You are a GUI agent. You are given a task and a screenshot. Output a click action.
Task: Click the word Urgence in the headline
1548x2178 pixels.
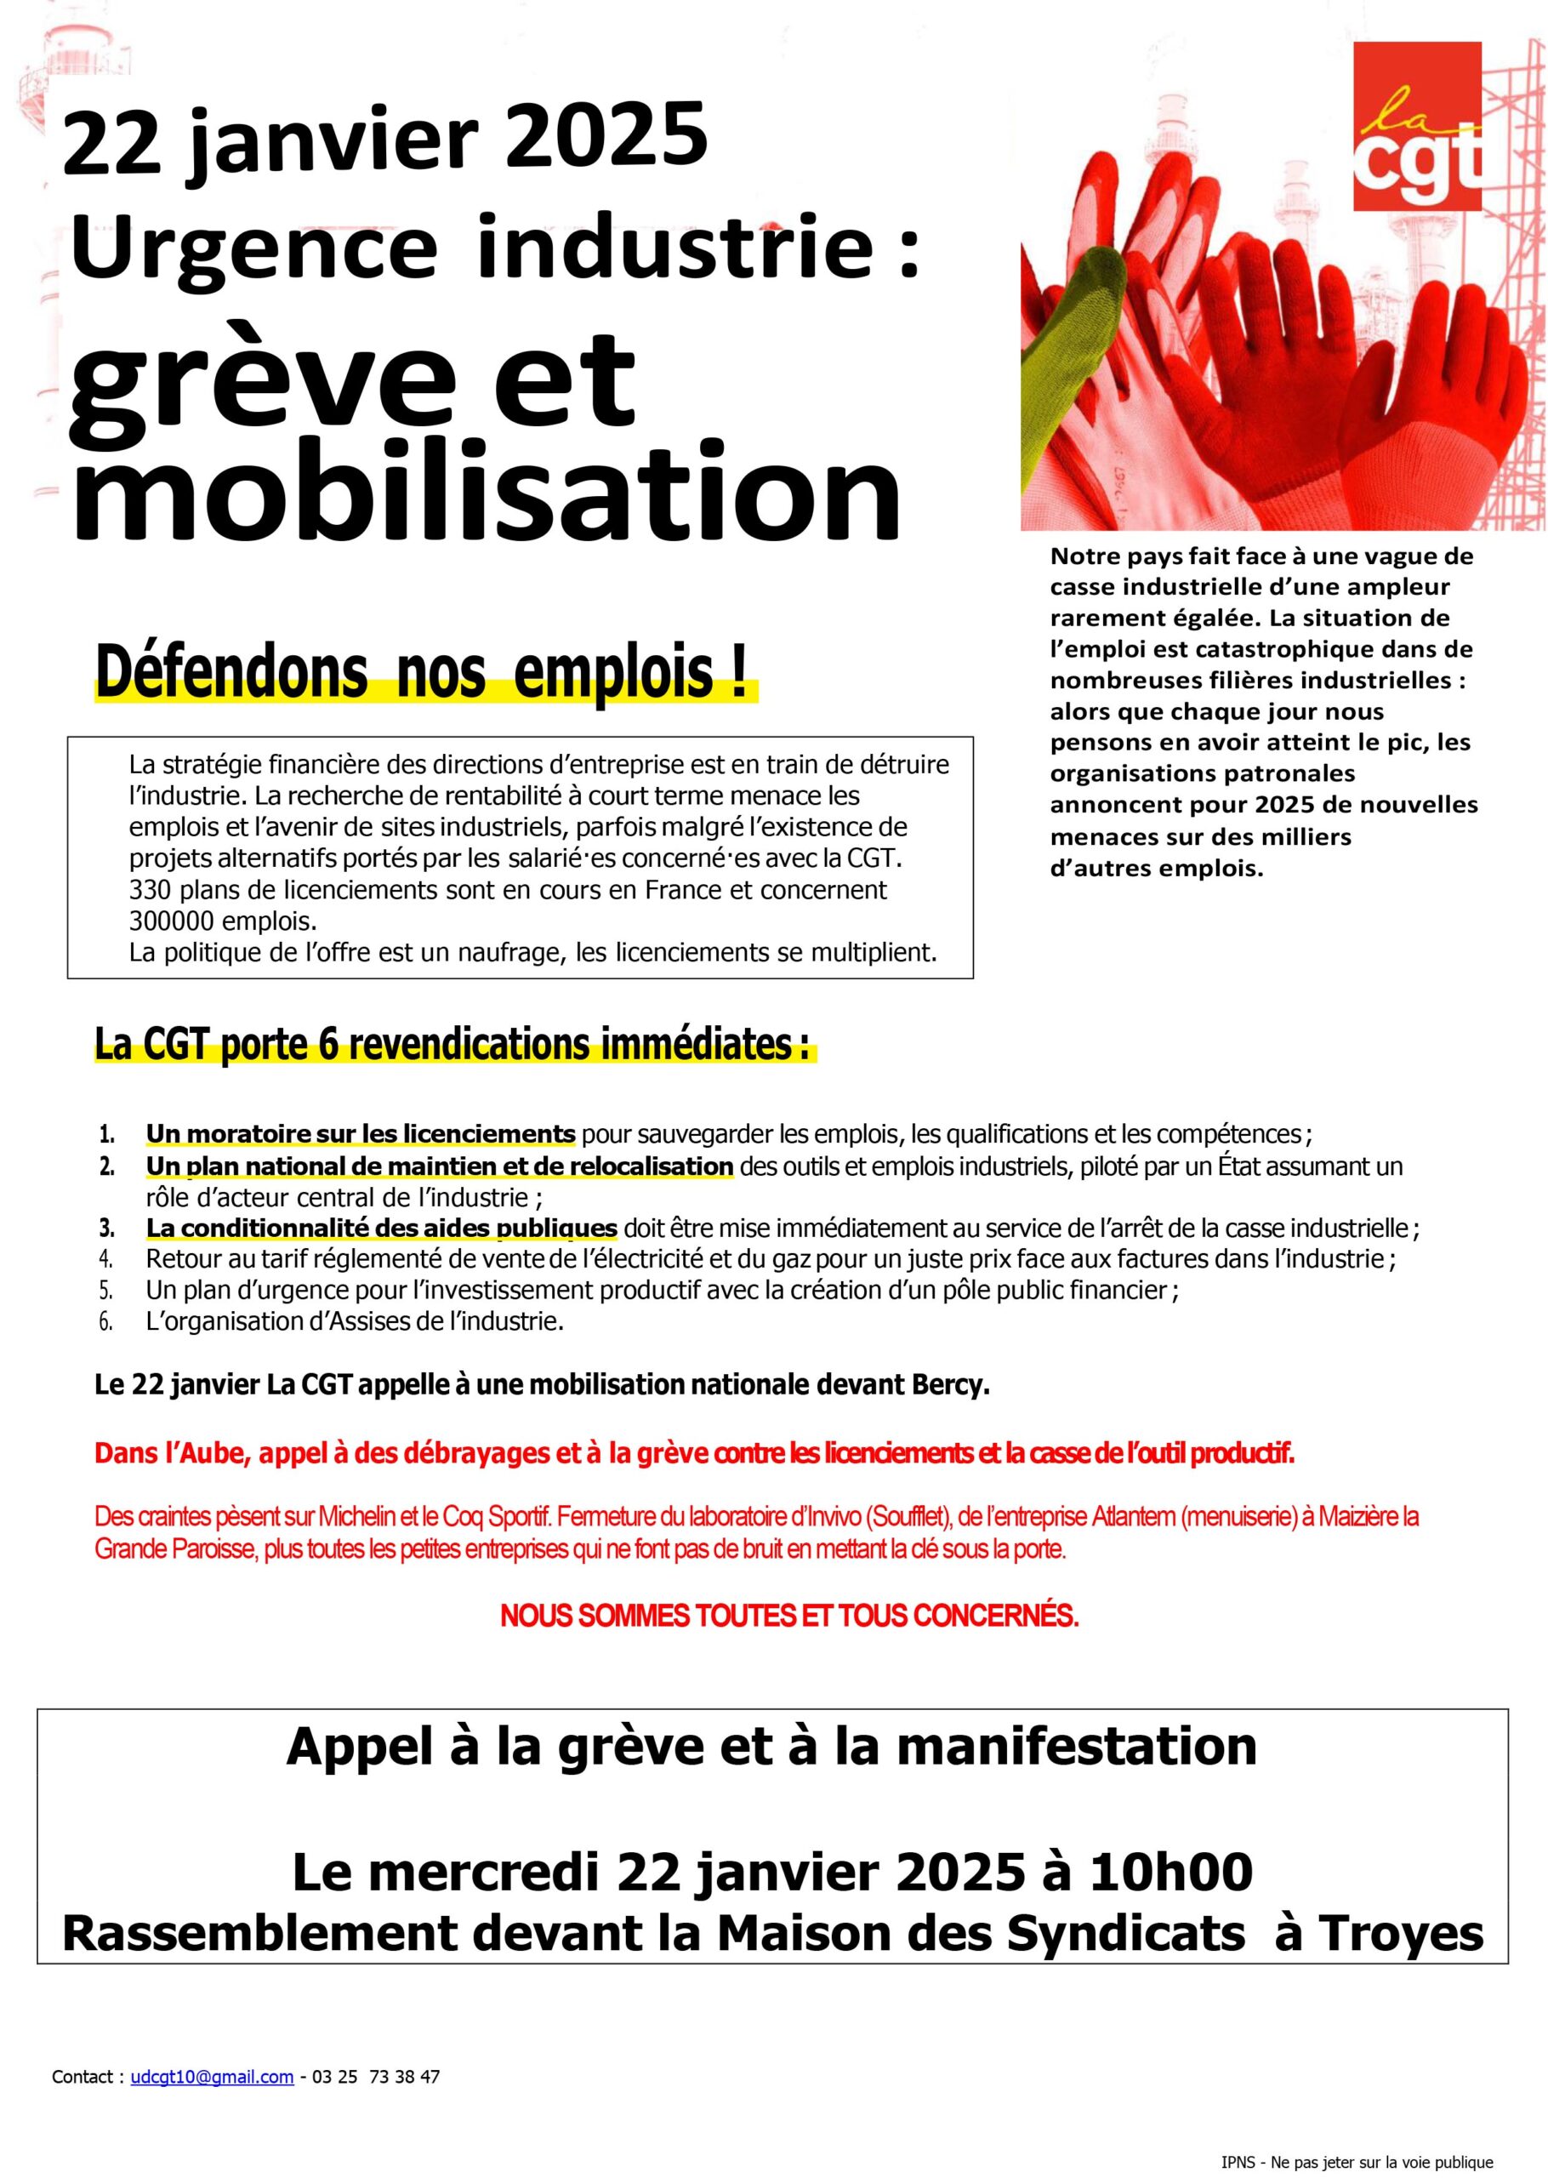[253, 247]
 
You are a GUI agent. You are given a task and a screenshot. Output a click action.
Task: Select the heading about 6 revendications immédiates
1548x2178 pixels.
[452, 1046]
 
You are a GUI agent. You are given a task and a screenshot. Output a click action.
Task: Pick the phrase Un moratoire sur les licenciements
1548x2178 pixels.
[361, 1134]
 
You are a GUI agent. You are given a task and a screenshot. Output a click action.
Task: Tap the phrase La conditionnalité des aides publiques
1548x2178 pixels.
[381, 1228]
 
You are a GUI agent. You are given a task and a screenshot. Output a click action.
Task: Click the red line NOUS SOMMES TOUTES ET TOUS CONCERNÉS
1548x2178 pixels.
[789, 1616]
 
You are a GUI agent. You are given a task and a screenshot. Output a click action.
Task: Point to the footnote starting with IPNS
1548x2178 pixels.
[1357, 2163]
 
